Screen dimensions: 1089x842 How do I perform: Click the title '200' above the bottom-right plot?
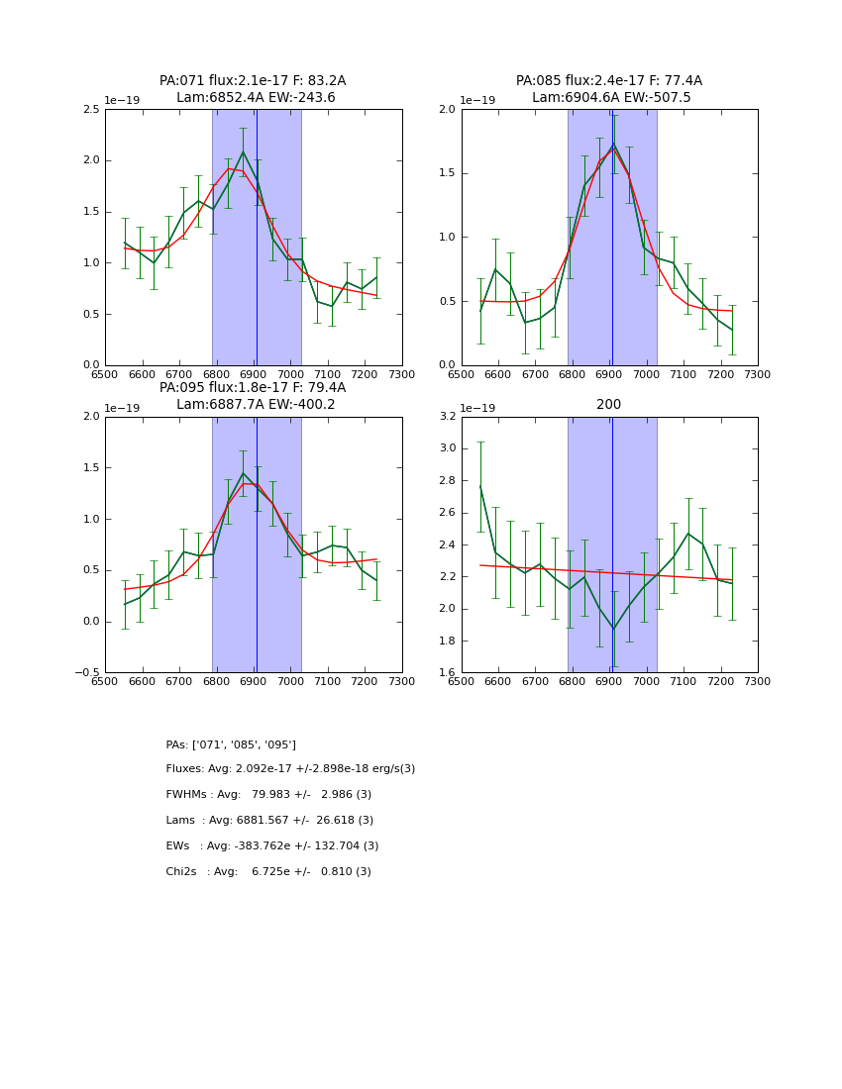point(609,405)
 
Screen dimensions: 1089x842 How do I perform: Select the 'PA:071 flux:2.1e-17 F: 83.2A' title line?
point(253,81)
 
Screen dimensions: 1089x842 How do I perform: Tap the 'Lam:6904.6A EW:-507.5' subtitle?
point(611,98)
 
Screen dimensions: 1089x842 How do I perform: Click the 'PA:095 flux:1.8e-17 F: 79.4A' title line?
point(253,388)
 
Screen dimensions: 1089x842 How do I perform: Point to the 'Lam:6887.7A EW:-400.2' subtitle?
point(256,405)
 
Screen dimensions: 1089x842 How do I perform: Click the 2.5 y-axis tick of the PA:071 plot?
point(91,109)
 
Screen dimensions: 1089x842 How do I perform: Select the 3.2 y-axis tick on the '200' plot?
point(447,417)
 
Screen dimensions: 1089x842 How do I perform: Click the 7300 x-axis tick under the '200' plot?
point(758,681)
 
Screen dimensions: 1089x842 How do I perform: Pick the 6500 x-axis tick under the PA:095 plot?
point(105,681)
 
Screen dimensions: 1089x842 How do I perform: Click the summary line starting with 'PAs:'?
point(231,744)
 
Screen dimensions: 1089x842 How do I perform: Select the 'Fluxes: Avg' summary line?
point(290,769)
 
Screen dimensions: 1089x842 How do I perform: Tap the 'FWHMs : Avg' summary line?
point(268,795)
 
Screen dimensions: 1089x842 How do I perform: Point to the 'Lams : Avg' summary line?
point(269,821)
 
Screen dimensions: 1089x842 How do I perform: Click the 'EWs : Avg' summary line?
point(272,846)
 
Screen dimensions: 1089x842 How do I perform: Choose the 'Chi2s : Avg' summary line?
point(268,872)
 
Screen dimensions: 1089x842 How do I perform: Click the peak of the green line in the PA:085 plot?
point(612,144)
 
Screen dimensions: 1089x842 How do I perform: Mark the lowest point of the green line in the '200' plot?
point(612,629)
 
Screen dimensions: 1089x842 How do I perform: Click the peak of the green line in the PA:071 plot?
point(243,151)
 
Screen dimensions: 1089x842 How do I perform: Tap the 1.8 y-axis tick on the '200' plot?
point(447,641)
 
